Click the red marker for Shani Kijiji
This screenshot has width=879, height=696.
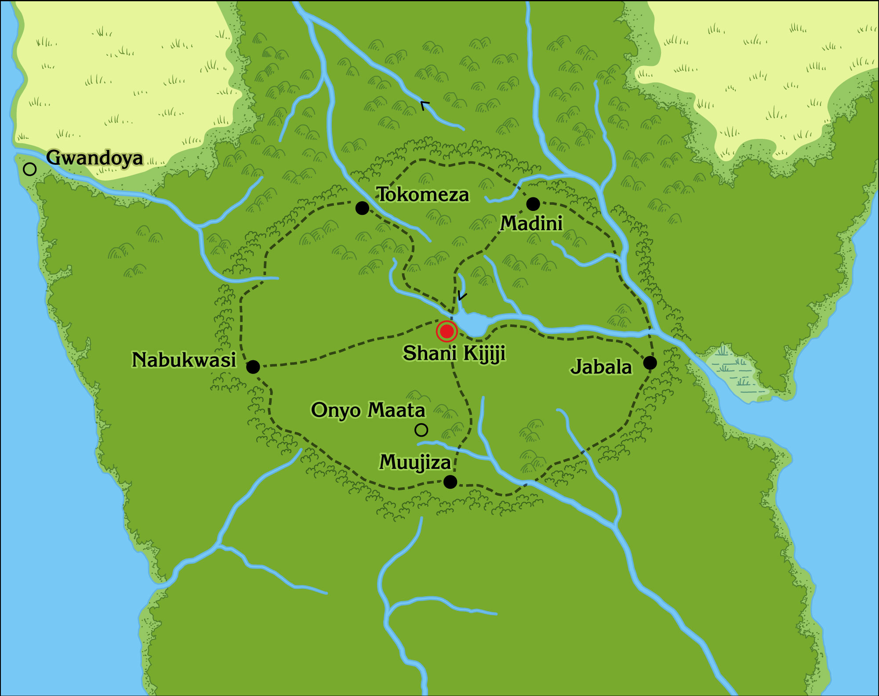pos(447,331)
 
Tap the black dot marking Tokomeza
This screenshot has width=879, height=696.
pos(362,208)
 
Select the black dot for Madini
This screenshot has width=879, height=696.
pos(533,204)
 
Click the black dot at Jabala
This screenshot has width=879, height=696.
pos(650,363)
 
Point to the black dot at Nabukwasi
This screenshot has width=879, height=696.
pos(253,367)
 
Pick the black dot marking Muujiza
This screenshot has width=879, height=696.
pos(450,482)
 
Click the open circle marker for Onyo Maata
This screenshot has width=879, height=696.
pos(421,430)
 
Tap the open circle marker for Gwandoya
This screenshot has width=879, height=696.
pos(29,169)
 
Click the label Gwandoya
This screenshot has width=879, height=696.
pos(94,158)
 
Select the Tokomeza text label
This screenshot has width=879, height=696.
pos(423,195)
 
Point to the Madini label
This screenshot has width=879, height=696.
pos(531,223)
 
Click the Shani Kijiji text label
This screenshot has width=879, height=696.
pos(454,353)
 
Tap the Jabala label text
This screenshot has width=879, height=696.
pos(601,367)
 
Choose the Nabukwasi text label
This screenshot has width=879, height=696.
pos(184,360)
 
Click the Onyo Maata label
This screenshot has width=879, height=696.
pos(368,410)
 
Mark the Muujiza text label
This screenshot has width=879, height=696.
pos(415,462)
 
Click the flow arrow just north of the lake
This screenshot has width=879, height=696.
pos(461,296)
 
